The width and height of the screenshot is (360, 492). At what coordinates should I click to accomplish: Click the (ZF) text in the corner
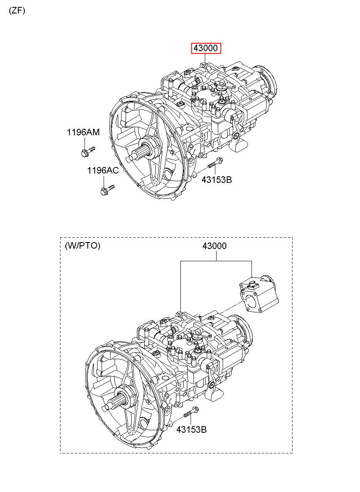click(x=17, y=11)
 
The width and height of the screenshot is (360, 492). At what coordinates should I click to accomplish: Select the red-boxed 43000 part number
click(x=206, y=48)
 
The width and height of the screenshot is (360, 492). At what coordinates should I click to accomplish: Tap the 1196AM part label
click(x=83, y=132)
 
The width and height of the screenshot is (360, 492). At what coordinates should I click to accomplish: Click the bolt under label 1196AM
click(x=87, y=152)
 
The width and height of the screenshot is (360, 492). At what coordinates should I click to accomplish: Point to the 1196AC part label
click(x=103, y=170)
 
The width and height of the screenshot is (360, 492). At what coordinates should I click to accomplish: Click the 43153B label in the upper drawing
click(x=217, y=180)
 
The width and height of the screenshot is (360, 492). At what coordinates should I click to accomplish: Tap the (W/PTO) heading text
click(x=82, y=245)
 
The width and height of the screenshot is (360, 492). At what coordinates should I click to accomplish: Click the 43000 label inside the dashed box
click(x=215, y=246)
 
